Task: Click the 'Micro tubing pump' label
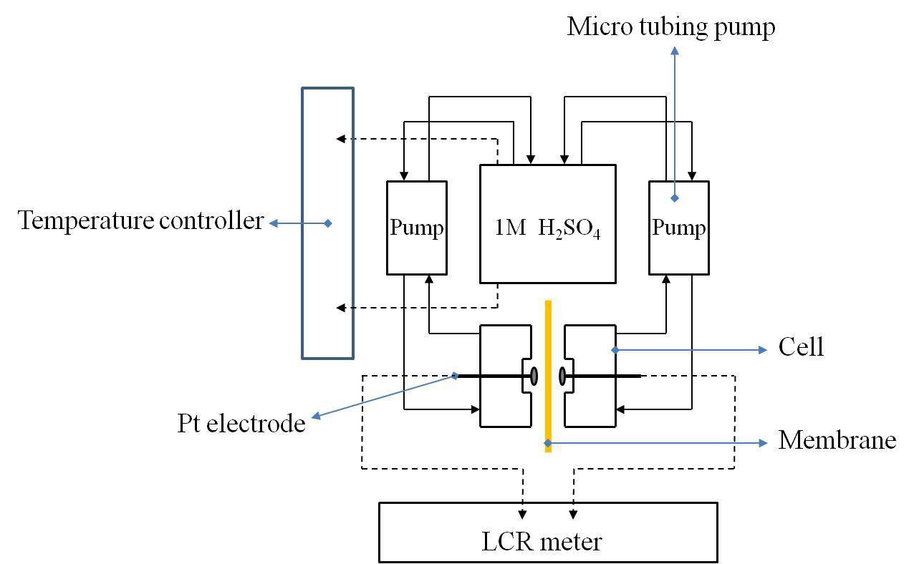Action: pos(670,27)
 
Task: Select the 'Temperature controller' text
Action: pos(141,220)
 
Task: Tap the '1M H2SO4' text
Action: pos(547,228)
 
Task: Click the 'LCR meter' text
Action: pos(547,541)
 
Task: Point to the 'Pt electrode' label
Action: pos(241,423)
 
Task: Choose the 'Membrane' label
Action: pos(837,439)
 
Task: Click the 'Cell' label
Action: pos(801,347)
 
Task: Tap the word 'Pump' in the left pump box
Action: pos(416,228)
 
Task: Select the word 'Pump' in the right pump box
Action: pos(678,228)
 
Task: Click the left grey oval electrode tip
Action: pos(534,375)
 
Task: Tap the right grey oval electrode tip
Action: pos(562,375)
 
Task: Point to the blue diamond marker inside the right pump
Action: pos(674,198)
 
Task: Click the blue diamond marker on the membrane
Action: pos(548,443)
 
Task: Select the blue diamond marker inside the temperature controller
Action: pos(328,223)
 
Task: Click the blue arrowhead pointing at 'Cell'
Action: pos(764,350)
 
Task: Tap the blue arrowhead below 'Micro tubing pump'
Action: pos(674,51)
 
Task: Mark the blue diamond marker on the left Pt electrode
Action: pos(456,375)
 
